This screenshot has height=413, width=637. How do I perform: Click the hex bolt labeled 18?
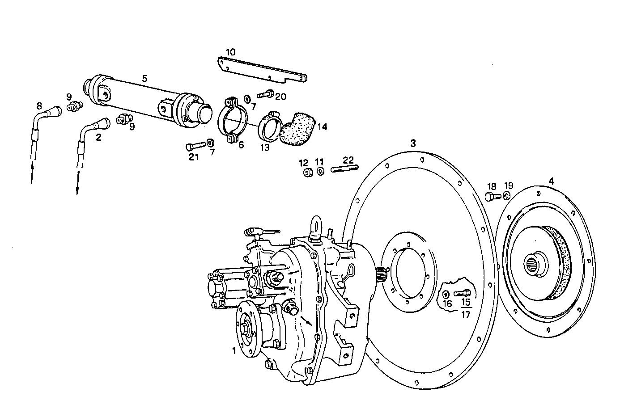[x=491, y=197]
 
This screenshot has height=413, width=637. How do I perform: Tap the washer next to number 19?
[x=506, y=196]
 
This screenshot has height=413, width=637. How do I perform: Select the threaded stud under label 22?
[x=344, y=169]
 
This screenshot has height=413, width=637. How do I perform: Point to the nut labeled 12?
[x=307, y=173]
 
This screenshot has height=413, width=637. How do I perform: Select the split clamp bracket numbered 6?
[x=233, y=119]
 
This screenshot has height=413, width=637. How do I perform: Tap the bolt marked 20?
[x=266, y=95]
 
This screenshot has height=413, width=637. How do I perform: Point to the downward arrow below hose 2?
[x=77, y=183]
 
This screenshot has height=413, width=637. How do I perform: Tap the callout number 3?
[x=413, y=143]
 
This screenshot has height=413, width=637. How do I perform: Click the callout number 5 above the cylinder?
[x=144, y=79]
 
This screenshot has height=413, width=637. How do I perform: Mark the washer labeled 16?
[x=446, y=295]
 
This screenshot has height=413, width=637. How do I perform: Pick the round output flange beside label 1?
[x=247, y=330]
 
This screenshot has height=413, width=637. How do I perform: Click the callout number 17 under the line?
[x=465, y=314]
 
